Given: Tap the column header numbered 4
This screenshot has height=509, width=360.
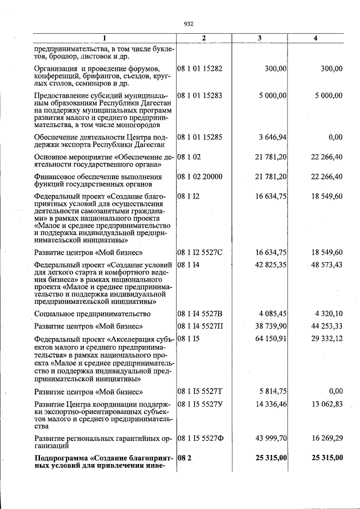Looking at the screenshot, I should pyautogui.click(x=316, y=38).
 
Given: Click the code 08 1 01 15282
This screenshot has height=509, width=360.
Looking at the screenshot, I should pyautogui.click(x=200, y=69).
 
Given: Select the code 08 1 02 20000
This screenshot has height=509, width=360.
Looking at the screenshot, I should pyautogui.click(x=200, y=177).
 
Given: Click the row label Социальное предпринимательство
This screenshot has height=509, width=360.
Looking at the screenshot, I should pyautogui.click(x=92, y=313).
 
